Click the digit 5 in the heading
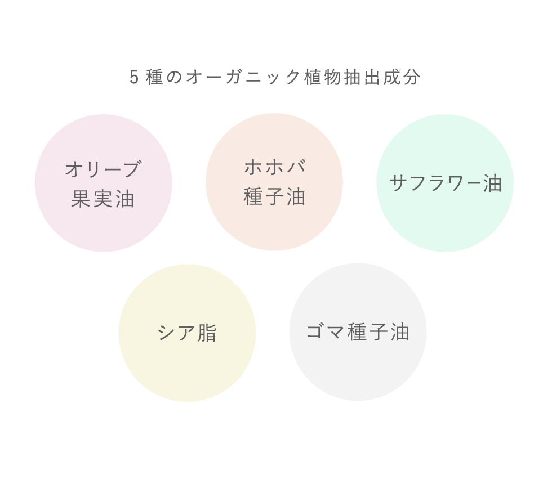[134, 78]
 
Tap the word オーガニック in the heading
[243, 78]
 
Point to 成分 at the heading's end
[402, 78]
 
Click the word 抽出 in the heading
[362, 78]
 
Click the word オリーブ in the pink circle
[104, 169]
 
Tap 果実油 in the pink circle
[103, 199]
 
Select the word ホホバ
[275, 167]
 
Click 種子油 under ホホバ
[274, 196]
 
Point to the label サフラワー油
[446, 183]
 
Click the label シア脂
[187, 333]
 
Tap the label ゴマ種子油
[358, 331]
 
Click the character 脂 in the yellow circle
[207, 333]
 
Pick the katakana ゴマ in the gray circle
[324, 331]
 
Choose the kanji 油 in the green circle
[492, 183]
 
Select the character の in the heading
[174, 78]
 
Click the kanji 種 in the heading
[154, 78]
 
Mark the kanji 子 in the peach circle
[274, 196]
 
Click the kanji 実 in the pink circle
[103, 199]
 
